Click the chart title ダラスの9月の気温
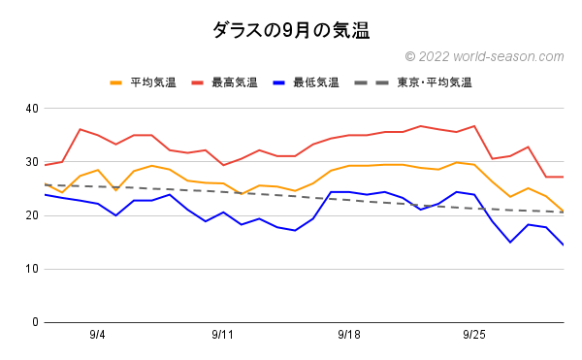[x=291, y=30]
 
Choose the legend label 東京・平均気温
[x=434, y=83]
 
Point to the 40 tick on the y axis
[x=31, y=108]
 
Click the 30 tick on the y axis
[x=31, y=161]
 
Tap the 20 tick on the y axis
[x=31, y=215]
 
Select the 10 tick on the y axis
[x=31, y=269]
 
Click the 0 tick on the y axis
[x=34, y=322]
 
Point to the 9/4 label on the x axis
[x=98, y=335]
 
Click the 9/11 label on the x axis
[x=223, y=335]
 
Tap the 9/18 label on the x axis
[x=349, y=335]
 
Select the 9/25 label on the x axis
[x=474, y=335]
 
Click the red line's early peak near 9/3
[x=80, y=129]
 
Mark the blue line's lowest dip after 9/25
[x=510, y=242]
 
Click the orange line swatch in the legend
[x=117, y=83]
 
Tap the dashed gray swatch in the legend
[x=379, y=83]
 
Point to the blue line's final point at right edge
[x=564, y=245]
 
